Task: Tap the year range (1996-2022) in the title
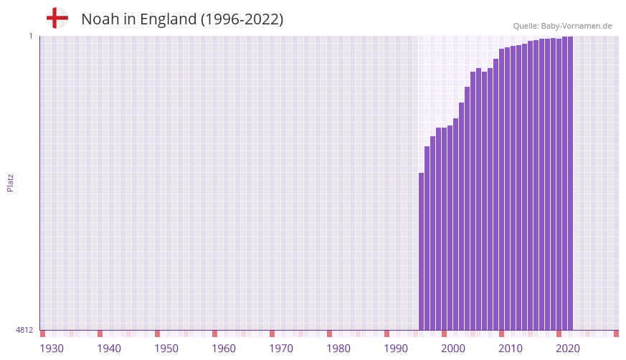click(x=242, y=19)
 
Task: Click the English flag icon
click(x=57, y=18)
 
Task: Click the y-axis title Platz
click(x=10, y=182)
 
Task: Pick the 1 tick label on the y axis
click(x=30, y=36)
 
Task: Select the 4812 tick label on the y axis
click(x=24, y=330)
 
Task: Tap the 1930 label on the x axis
click(x=52, y=349)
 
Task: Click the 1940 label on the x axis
click(x=109, y=349)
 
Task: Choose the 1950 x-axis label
click(x=166, y=349)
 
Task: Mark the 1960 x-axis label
click(x=224, y=349)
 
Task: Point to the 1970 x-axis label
click(x=281, y=349)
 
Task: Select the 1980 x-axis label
click(x=338, y=349)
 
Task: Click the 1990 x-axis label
click(x=396, y=349)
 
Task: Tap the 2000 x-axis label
click(x=453, y=349)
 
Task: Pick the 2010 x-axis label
click(x=511, y=349)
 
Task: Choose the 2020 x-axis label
click(x=568, y=349)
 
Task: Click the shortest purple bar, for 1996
click(x=422, y=251)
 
